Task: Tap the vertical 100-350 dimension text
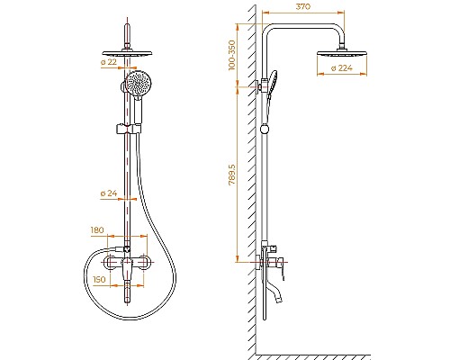point(232,55)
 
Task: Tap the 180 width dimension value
point(99,230)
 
